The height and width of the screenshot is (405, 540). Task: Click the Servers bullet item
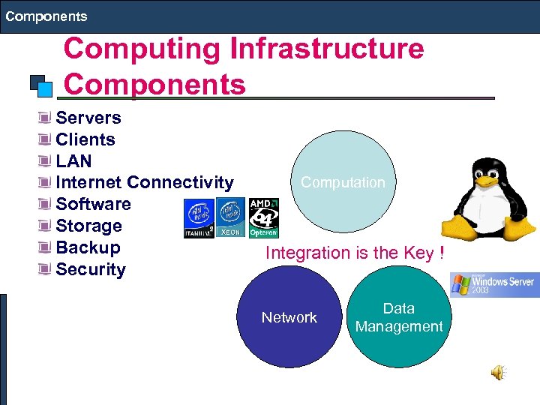(x=88, y=118)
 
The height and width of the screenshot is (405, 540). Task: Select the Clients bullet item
(x=85, y=139)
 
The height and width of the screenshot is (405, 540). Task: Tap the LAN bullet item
(x=73, y=161)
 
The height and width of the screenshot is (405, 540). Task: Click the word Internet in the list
(x=89, y=182)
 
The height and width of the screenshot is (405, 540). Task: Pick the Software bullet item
(x=93, y=204)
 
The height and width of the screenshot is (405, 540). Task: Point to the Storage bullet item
(x=88, y=226)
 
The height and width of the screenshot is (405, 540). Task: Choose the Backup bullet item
(x=88, y=247)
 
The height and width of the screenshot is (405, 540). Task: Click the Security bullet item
(x=91, y=269)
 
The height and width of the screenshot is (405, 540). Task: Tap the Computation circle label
(x=343, y=182)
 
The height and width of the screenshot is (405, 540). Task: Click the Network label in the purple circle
(x=289, y=317)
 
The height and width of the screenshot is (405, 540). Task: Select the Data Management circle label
(x=399, y=317)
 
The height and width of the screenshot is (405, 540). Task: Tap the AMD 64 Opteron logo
(x=263, y=218)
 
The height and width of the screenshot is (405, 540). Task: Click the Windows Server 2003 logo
(x=493, y=284)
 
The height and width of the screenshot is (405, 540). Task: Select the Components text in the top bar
(x=46, y=16)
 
